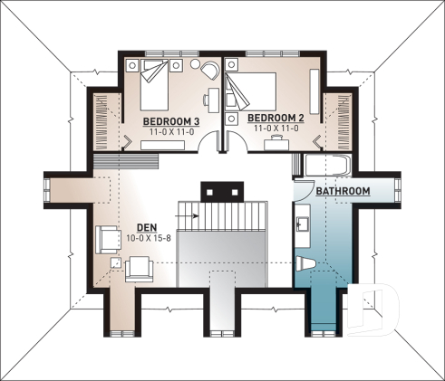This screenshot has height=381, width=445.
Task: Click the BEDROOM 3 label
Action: (171, 121)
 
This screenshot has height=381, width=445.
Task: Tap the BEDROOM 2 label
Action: (276, 118)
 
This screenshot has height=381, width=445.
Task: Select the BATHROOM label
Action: (343, 191)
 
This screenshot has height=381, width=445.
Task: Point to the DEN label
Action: (147, 227)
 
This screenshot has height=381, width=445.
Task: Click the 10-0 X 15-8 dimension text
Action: (149, 238)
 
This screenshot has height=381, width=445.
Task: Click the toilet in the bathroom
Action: (305, 263)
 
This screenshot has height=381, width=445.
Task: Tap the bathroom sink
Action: (302, 224)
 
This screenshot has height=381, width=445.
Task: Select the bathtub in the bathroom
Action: (328, 165)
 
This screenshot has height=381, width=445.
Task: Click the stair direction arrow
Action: (188, 215)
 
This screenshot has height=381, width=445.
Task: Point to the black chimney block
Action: (222, 192)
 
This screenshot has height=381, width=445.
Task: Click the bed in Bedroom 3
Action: (154, 85)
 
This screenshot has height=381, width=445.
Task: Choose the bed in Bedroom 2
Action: (251, 91)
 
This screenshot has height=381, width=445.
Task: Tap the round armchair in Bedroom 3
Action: (210, 71)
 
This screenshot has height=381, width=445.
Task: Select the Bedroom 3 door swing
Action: (208, 140)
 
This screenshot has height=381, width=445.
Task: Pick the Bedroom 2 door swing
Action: (237, 140)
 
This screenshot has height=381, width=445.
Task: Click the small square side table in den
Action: (115, 262)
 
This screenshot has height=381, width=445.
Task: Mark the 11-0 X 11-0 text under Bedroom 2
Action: (276, 129)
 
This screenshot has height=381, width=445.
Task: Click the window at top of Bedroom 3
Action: (172, 53)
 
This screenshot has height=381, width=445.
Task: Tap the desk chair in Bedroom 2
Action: (276, 138)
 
